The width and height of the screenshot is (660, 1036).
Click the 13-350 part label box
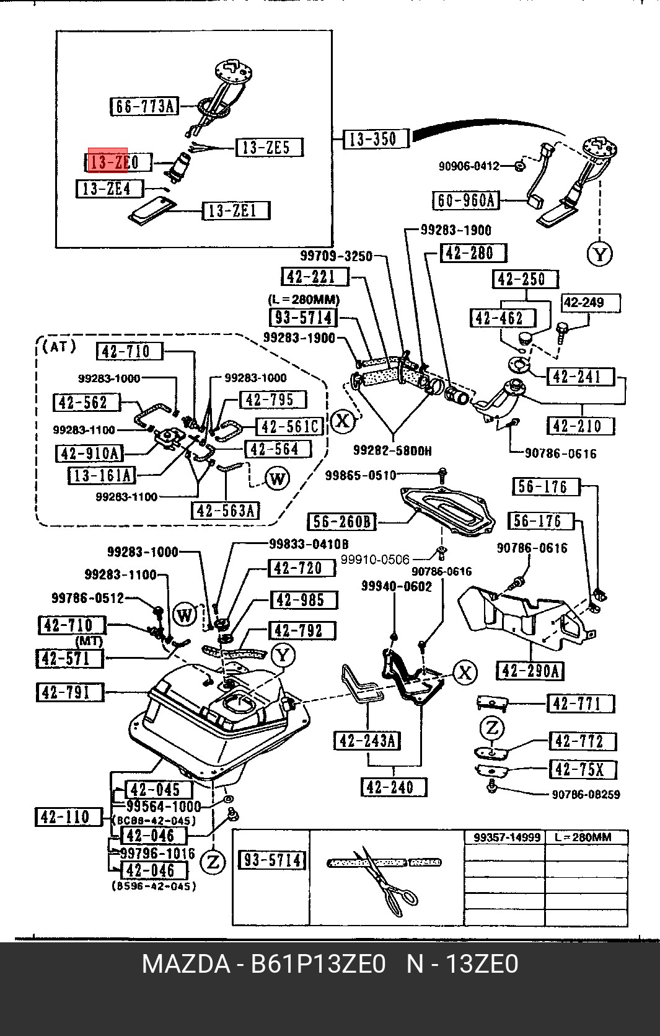[x=377, y=138]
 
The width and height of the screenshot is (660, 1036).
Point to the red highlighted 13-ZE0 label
[x=108, y=162]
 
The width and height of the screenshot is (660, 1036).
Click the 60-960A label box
[x=465, y=200]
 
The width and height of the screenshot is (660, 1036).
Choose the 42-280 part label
[x=473, y=253]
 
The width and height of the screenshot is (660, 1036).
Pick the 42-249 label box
[x=591, y=303]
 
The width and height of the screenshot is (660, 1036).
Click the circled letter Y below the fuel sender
[x=599, y=253]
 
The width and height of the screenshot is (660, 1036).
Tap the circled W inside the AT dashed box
[x=276, y=478]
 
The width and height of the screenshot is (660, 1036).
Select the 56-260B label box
[x=341, y=521]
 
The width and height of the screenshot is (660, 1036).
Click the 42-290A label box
[x=530, y=671]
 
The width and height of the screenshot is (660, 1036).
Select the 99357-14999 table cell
[x=504, y=837]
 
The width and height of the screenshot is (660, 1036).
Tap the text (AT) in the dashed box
[x=60, y=346]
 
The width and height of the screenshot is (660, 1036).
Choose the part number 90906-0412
[x=469, y=166]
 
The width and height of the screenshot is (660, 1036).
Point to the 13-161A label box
[x=101, y=475]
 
